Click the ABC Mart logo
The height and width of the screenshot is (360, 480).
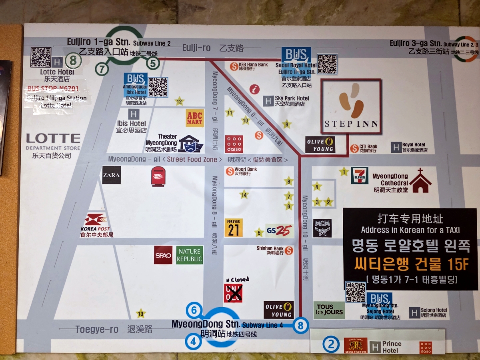point(195,118)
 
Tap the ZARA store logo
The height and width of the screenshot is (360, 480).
point(111,175)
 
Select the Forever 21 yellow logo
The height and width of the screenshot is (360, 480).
point(234,228)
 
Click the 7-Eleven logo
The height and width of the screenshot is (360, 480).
point(360,175)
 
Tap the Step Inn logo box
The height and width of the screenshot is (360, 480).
point(351,106)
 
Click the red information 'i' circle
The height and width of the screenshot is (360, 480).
point(254,89)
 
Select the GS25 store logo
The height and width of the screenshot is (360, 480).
point(279,231)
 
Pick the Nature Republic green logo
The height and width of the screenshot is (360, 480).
point(190,255)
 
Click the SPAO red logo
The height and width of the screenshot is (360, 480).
point(163,255)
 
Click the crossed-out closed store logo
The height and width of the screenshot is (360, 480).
point(233,293)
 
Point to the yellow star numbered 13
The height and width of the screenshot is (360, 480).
point(140,314)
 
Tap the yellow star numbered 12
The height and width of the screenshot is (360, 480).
point(179,101)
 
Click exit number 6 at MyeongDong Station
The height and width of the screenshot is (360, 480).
point(194,310)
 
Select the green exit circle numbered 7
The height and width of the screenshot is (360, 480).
point(102,69)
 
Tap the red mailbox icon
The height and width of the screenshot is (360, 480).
point(158,176)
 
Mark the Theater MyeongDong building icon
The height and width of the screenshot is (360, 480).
point(191,143)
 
